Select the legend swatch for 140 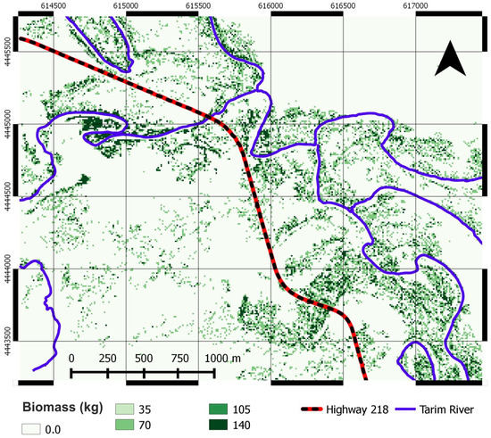point(217,427)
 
